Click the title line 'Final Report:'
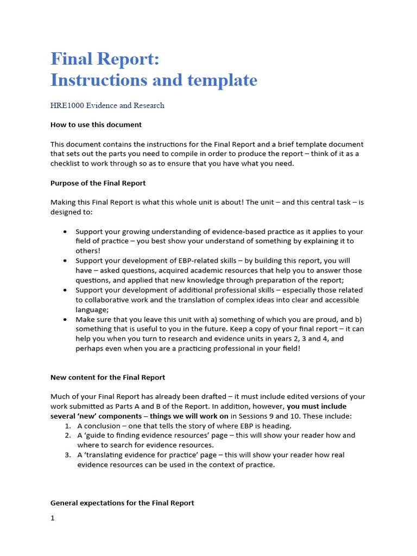pyautogui.click(x=105, y=59)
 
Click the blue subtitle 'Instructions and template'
pyautogui.click(x=154, y=80)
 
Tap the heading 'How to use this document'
pyautogui.click(x=96, y=124)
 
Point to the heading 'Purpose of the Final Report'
pyautogui.click(x=98, y=183)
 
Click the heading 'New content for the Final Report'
pyautogui.click(x=108, y=377)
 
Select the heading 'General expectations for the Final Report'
pyautogui.click(x=122, y=503)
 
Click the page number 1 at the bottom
pyautogui.click(x=53, y=518)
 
